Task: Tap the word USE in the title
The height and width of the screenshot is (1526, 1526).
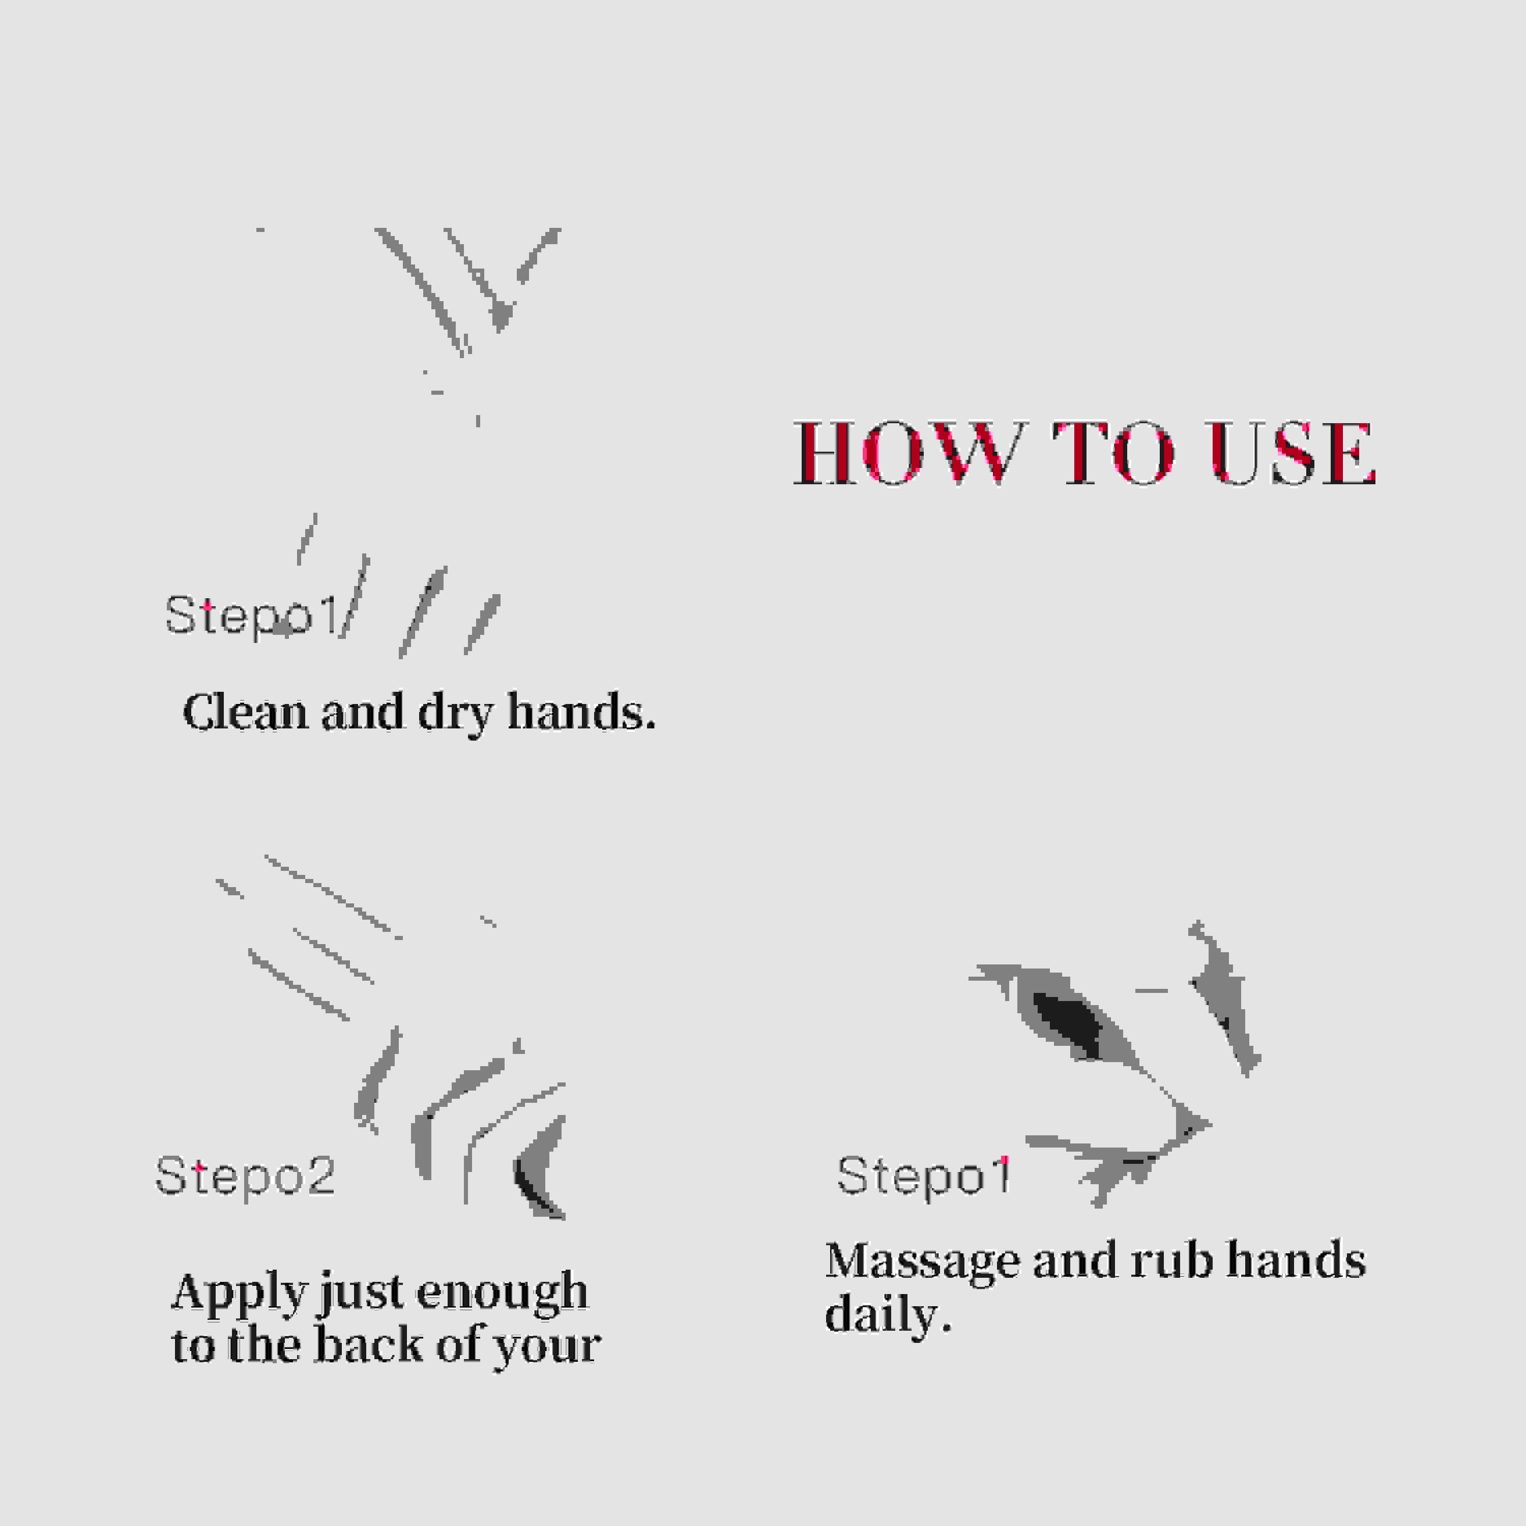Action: click(1293, 453)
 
